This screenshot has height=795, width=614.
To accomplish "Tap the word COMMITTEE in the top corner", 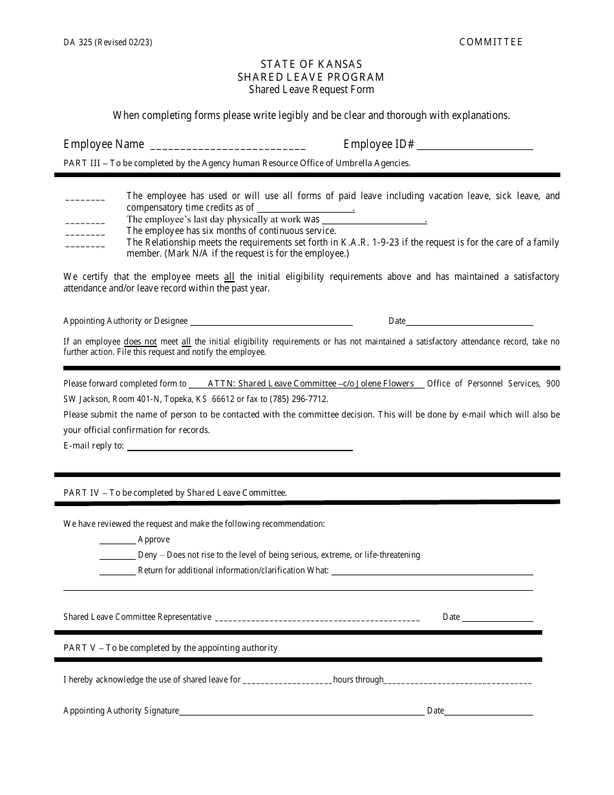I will coord(491,42).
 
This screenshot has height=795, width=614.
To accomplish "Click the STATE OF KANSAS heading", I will coord(311,64).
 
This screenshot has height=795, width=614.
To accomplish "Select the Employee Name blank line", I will coord(228,146).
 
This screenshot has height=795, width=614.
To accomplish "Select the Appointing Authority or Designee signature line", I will coord(271,323).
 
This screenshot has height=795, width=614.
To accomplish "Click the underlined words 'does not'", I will coord(140,342).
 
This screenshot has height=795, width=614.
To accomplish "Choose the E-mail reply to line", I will coord(240,448).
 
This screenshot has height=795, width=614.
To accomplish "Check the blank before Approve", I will coord(117,541).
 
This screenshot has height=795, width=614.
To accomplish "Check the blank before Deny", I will coord(117,556).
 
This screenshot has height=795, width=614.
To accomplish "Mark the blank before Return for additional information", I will coord(117,572).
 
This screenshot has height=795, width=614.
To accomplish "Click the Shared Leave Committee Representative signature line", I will coord(317,619).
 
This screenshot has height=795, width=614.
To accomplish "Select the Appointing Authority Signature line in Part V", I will coord(301,712).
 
